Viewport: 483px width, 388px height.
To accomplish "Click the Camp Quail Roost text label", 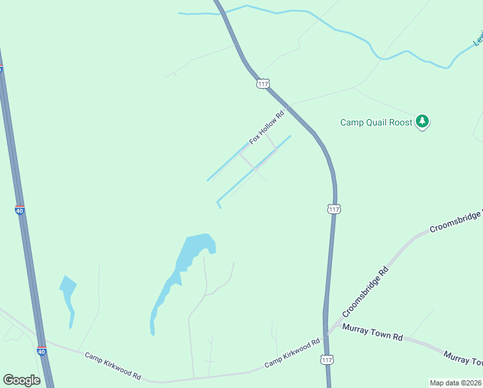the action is click(x=376, y=122).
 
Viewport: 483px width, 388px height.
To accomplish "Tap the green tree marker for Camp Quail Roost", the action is click(x=422, y=121).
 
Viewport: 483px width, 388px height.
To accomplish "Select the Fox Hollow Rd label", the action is click(x=267, y=129).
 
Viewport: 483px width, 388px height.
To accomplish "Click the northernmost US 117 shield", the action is click(x=263, y=83).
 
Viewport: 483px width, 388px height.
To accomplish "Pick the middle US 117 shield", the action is click(x=333, y=208).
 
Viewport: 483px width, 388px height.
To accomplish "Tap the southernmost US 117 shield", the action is click(x=327, y=360).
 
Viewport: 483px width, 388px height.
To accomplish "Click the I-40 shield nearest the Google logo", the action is click(x=41, y=350).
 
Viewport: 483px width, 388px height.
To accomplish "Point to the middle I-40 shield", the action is click(x=19, y=210).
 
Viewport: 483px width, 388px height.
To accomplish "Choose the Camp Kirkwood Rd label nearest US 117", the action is click(x=293, y=353).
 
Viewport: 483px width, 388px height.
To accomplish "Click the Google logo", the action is click(x=21, y=380).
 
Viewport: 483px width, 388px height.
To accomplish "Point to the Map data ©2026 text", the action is click(x=455, y=382).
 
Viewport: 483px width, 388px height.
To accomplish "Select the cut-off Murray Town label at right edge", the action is click(x=464, y=358).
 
